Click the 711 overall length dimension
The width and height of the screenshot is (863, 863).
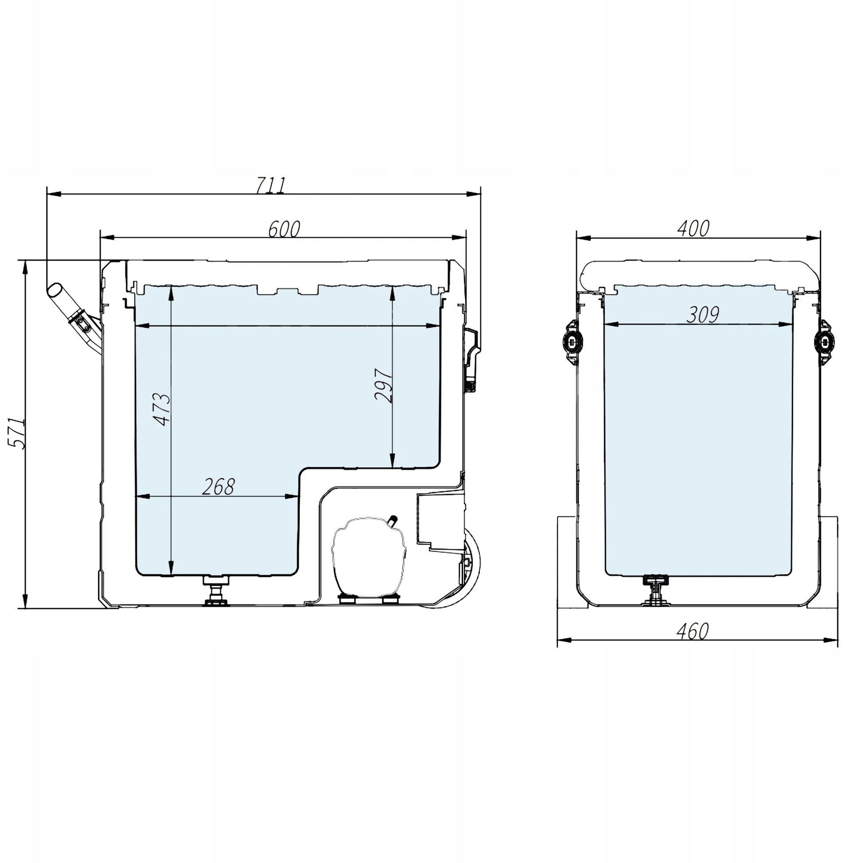coord(270,185)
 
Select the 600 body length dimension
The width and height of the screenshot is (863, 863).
coord(284,229)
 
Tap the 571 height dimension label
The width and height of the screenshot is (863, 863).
coord(17,433)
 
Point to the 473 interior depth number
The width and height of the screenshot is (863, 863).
coord(161,409)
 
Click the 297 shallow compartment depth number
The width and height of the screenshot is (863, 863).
coord(384,386)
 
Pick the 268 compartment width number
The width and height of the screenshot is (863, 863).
coord(218,487)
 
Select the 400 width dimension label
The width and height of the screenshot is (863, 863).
coord(693,229)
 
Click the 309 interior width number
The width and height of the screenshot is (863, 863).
coord(702,315)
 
